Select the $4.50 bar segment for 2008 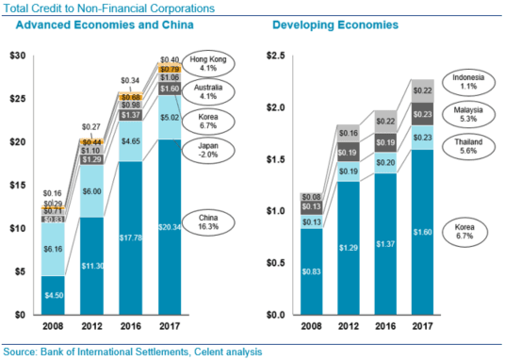[54, 294]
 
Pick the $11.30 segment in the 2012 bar [92, 265]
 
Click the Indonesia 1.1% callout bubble [467, 82]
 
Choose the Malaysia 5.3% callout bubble [467, 115]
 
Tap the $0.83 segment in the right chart [313, 270]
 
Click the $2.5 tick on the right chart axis [275, 57]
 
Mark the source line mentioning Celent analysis [131, 352]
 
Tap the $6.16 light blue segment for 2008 [54, 249]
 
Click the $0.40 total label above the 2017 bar [171, 58]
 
